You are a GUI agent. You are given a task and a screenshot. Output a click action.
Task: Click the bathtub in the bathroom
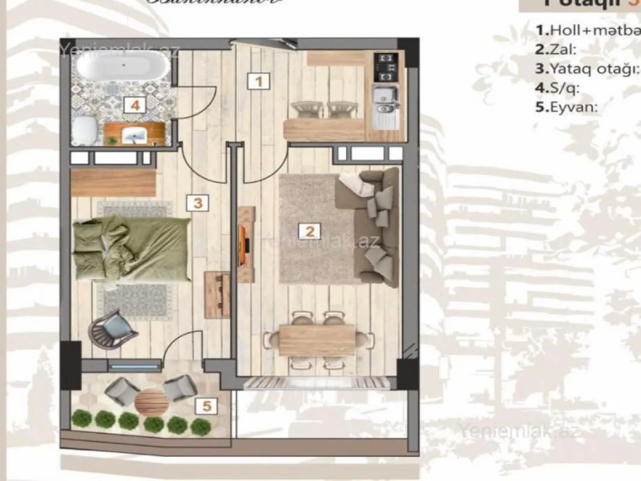pos(124,67)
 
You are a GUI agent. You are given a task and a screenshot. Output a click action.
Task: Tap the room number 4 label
pos(135,106)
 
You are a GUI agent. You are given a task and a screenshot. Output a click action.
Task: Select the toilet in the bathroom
pos(86,129)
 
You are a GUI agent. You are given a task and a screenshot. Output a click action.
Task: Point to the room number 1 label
pos(258,81)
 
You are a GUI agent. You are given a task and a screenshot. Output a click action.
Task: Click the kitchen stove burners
pos(384,68)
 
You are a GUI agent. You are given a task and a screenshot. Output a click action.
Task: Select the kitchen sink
pos(384,99)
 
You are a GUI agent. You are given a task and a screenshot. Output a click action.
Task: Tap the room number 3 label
pos(197,203)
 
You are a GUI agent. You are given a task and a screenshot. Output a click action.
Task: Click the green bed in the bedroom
pos(131,247)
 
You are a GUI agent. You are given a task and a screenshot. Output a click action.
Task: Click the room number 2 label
pos(309,231)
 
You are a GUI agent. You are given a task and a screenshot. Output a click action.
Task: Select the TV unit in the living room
pos(246,244)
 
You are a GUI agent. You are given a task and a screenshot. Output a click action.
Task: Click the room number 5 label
pos(207,406)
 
